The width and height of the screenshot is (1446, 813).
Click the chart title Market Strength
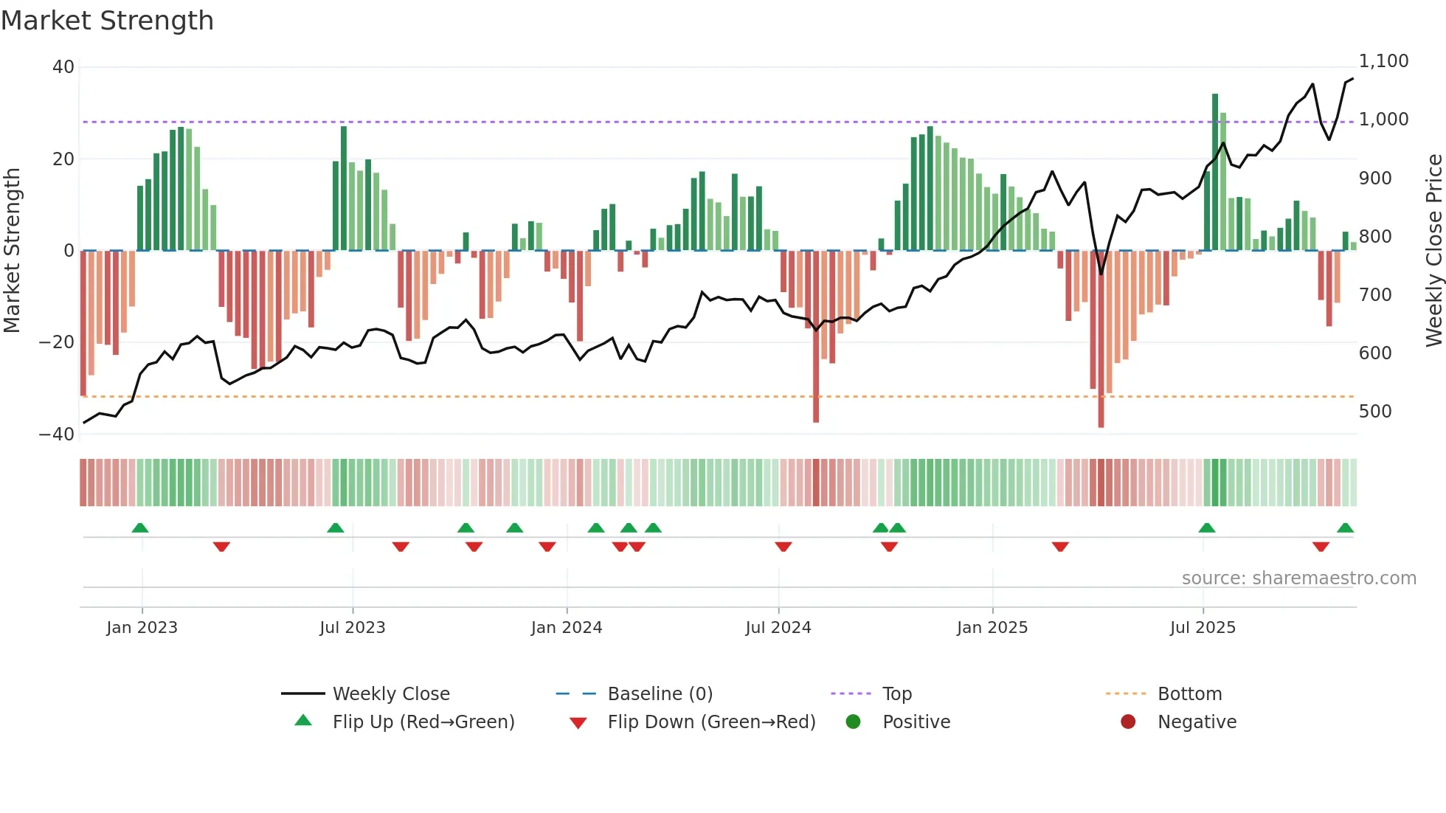(x=107, y=21)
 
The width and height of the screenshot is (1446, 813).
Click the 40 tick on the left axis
(x=63, y=67)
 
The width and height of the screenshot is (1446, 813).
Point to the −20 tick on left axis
(x=57, y=342)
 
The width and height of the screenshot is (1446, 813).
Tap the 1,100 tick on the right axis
(x=1383, y=61)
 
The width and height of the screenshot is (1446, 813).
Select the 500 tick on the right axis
(x=1375, y=411)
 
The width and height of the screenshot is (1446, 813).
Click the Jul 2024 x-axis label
(x=778, y=628)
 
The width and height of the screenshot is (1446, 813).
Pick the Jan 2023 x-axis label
(x=142, y=628)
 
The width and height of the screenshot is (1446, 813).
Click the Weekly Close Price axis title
(x=1433, y=250)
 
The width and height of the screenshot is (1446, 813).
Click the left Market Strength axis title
(x=12, y=250)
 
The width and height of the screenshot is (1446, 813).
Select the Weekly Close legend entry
(x=390, y=694)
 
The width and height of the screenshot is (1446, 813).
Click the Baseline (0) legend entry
(x=660, y=694)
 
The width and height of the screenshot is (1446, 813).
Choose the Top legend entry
(x=896, y=694)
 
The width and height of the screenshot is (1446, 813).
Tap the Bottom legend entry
(x=1189, y=694)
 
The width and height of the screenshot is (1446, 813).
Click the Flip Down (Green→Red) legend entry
(x=710, y=722)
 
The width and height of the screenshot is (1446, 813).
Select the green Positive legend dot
(x=854, y=722)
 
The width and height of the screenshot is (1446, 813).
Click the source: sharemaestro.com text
(x=1298, y=578)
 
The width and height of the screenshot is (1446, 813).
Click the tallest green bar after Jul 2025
(x=1215, y=171)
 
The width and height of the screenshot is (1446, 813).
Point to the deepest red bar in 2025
(x=1101, y=339)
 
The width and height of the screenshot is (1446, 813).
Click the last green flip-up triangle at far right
(x=1345, y=528)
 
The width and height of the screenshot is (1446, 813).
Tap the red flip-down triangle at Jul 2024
(x=783, y=547)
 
